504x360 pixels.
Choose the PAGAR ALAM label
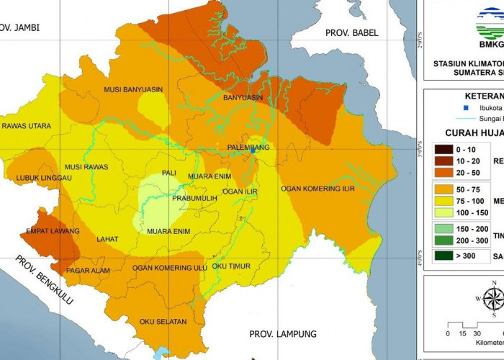pos(87,271)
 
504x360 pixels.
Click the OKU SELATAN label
pos(163,321)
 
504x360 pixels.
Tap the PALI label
pos(170,173)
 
